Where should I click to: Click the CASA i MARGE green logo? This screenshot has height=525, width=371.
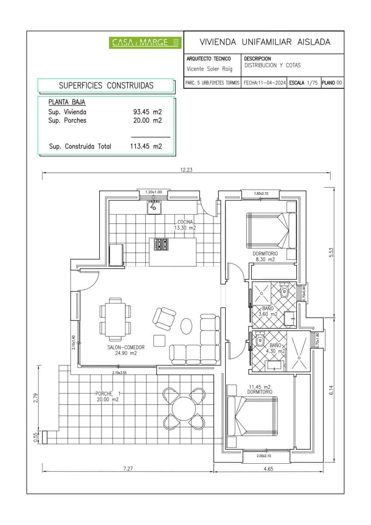[145, 42]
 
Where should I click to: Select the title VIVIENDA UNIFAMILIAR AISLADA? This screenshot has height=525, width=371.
[265, 42]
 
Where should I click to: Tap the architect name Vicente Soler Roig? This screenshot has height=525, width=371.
[210, 69]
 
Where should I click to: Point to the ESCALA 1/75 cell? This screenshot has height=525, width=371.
[303, 82]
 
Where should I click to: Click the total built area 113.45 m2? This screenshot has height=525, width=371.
[146, 147]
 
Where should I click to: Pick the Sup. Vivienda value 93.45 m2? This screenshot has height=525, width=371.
[147, 112]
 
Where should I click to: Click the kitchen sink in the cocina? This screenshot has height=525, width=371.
[154, 207]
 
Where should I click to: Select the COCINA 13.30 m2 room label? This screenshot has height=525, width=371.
[185, 225]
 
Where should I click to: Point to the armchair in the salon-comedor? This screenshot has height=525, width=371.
[164, 318]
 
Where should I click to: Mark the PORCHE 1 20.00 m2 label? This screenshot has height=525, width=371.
[107, 396]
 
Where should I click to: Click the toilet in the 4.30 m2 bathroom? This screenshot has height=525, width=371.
[260, 339]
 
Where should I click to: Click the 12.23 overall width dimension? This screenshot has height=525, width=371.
[186, 170]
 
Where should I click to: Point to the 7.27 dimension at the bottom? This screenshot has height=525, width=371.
[128, 468]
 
